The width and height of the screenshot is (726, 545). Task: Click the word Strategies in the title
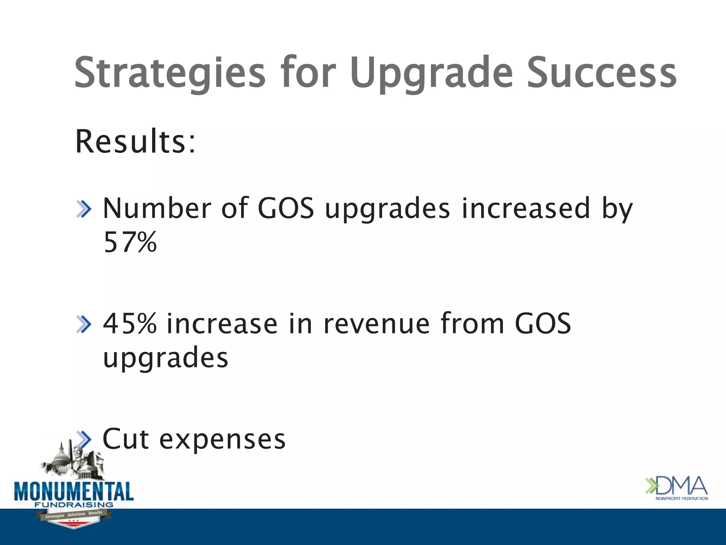click(x=169, y=73)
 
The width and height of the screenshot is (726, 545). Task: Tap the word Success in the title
click(x=602, y=73)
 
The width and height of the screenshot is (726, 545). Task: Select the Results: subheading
click(x=135, y=142)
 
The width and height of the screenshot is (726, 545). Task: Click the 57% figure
click(x=130, y=242)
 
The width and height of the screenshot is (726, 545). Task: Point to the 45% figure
click(x=130, y=324)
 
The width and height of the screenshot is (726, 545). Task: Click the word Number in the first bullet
click(x=157, y=208)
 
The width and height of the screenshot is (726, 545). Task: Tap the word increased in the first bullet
click(x=526, y=208)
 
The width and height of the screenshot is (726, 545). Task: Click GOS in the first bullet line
click(x=286, y=208)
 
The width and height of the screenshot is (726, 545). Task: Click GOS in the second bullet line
click(x=542, y=324)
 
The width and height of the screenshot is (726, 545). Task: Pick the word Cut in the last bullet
click(x=125, y=439)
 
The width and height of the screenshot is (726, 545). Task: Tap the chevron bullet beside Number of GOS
click(x=84, y=209)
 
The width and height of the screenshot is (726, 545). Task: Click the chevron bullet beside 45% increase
click(x=84, y=324)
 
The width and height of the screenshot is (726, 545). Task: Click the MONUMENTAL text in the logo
click(x=74, y=491)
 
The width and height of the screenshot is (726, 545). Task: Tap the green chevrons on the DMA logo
click(x=651, y=486)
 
